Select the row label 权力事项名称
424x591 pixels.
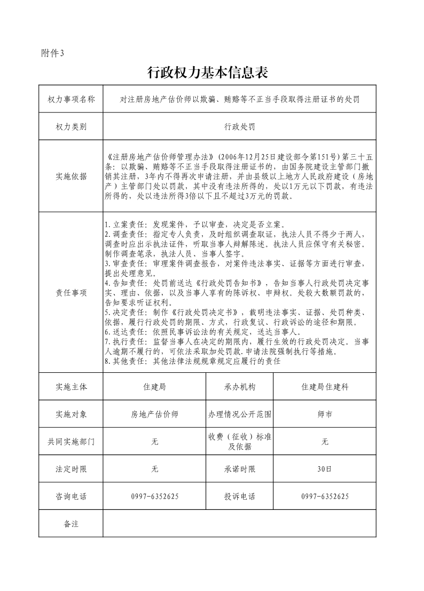pyautogui.click(x=71, y=100)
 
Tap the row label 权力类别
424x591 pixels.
pyautogui.click(x=71, y=127)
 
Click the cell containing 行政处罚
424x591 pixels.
pyautogui.click(x=239, y=127)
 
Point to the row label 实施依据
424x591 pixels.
pyautogui.click(x=71, y=176)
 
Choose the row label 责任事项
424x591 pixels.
pyautogui.click(x=71, y=293)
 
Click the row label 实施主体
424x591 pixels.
pyautogui.click(x=71, y=387)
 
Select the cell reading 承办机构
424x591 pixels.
pyautogui.click(x=240, y=387)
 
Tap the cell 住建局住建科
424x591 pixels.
pyautogui.click(x=325, y=387)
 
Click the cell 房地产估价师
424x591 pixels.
pyautogui.click(x=154, y=414)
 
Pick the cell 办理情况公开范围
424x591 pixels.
pyautogui.click(x=240, y=414)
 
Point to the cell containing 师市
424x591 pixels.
pyautogui.click(x=325, y=414)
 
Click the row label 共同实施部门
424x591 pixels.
pyautogui.click(x=71, y=442)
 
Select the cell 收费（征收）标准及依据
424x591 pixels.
pyautogui.click(x=240, y=442)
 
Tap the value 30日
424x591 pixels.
pyautogui.click(x=325, y=469)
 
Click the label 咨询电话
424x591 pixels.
pyautogui.click(x=71, y=497)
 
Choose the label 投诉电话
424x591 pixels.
pyautogui.click(x=240, y=497)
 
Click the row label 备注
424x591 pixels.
pyautogui.click(x=71, y=524)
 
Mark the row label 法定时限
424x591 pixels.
pyautogui.click(x=71, y=469)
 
